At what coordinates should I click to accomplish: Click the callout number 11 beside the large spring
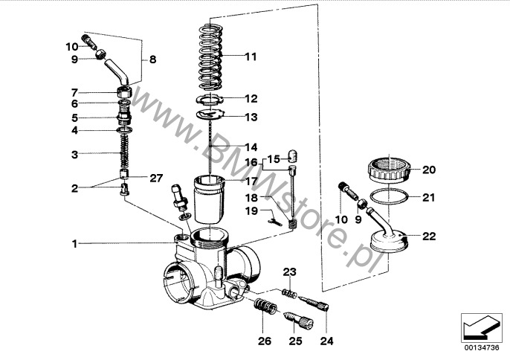[x=251, y=57]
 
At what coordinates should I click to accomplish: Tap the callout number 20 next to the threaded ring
[x=429, y=170]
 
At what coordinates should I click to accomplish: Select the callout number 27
[x=156, y=178]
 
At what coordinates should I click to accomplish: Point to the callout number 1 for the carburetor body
[x=75, y=243]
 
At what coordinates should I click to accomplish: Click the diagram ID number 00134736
[x=482, y=347]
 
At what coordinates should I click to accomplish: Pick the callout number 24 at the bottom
[x=327, y=341]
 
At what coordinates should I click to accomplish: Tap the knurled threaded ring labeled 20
[x=390, y=169]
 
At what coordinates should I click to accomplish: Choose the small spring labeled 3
[x=123, y=151]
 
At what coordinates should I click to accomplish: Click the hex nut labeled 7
[x=124, y=91]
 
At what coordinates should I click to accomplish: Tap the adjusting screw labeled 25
[x=299, y=320]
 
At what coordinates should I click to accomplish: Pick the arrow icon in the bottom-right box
[x=481, y=327]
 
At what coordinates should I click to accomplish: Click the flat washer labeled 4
[x=125, y=130]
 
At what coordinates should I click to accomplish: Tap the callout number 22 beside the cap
[x=429, y=236]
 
